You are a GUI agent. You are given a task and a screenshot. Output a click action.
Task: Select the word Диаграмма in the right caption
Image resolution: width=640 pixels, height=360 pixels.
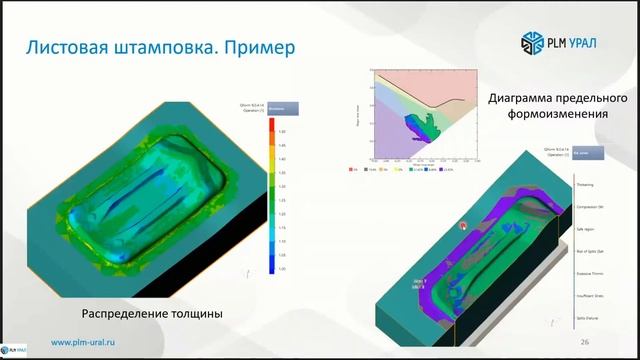click(530, 99)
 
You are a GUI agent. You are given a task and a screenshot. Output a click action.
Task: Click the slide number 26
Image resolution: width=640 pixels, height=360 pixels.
click(582, 342)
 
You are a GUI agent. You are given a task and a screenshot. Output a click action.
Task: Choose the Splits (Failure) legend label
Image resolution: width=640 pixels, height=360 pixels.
click(587, 316)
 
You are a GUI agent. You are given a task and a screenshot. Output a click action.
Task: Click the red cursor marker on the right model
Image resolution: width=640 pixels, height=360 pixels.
click(463, 225)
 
